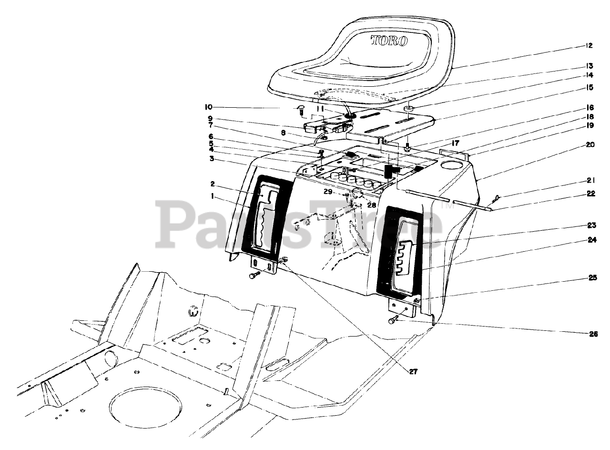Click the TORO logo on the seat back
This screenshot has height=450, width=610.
(x=389, y=41)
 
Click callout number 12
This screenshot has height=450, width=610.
(x=589, y=46)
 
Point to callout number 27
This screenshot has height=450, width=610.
(x=413, y=372)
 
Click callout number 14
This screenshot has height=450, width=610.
(x=589, y=75)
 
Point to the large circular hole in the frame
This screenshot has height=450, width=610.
(x=145, y=406)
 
